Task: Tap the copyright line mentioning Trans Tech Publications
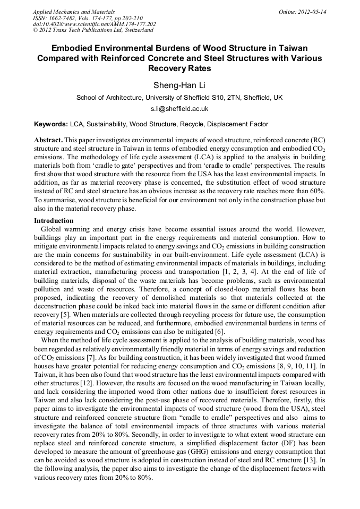pyautogui.click(x=92, y=30)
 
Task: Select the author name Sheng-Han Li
pyautogui.click(x=179, y=85)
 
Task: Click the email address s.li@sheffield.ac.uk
pyautogui.click(x=179, y=109)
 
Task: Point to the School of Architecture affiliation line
pyautogui.click(x=179, y=98)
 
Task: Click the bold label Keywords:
pyautogui.click(x=51, y=124)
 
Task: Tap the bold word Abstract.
pyautogui.click(x=48, y=139)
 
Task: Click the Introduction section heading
pyautogui.click(x=54, y=220)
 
